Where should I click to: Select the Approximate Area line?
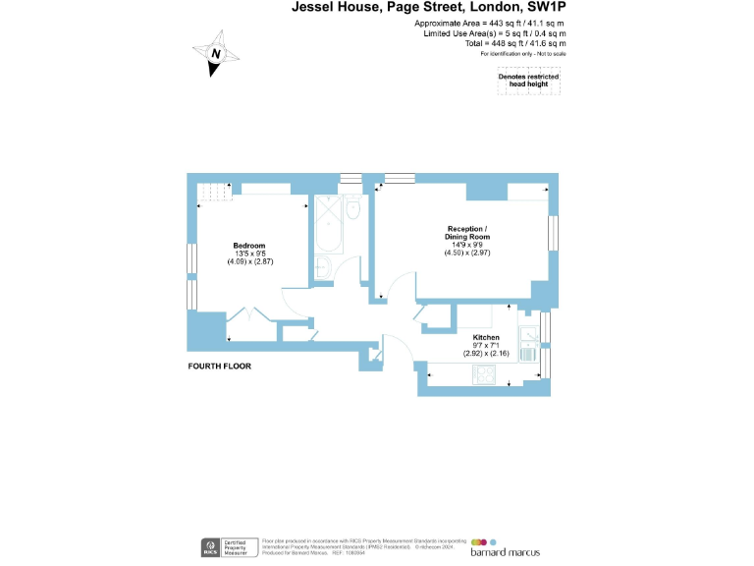click(x=490, y=23)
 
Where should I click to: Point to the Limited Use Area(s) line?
click(x=494, y=33)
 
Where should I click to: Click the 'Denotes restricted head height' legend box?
click(x=528, y=82)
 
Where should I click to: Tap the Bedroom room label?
click(x=248, y=245)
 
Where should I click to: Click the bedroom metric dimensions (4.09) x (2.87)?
click(x=248, y=262)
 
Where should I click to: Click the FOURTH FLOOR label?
click(x=219, y=366)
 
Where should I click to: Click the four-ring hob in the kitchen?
click(x=485, y=373)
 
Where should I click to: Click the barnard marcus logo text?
click(x=505, y=552)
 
